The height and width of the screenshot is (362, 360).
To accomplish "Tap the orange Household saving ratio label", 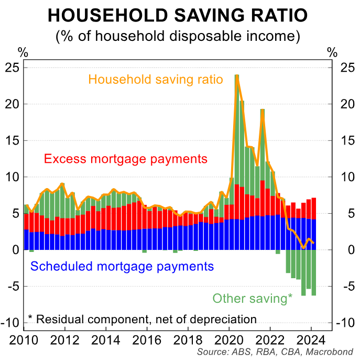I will click(x=156, y=80).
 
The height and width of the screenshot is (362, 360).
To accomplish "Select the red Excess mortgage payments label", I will click(x=126, y=159).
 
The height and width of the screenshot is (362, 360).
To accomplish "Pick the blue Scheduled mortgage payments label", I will click(x=122, y=266).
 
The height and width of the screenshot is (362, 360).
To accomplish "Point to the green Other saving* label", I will click(x=253, y=299).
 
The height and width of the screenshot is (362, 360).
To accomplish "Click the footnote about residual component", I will click(x=141, y=319).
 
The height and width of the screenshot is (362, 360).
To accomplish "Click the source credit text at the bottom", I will click(x=276, y=352).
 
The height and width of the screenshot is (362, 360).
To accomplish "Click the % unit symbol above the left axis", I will click(x=23, y=52).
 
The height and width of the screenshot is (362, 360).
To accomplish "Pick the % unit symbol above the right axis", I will click(x=332, y=52).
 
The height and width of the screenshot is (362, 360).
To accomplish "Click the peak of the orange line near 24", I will click(x=237, y=76).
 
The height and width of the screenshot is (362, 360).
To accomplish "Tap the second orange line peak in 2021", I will click(x=262, y=110).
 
